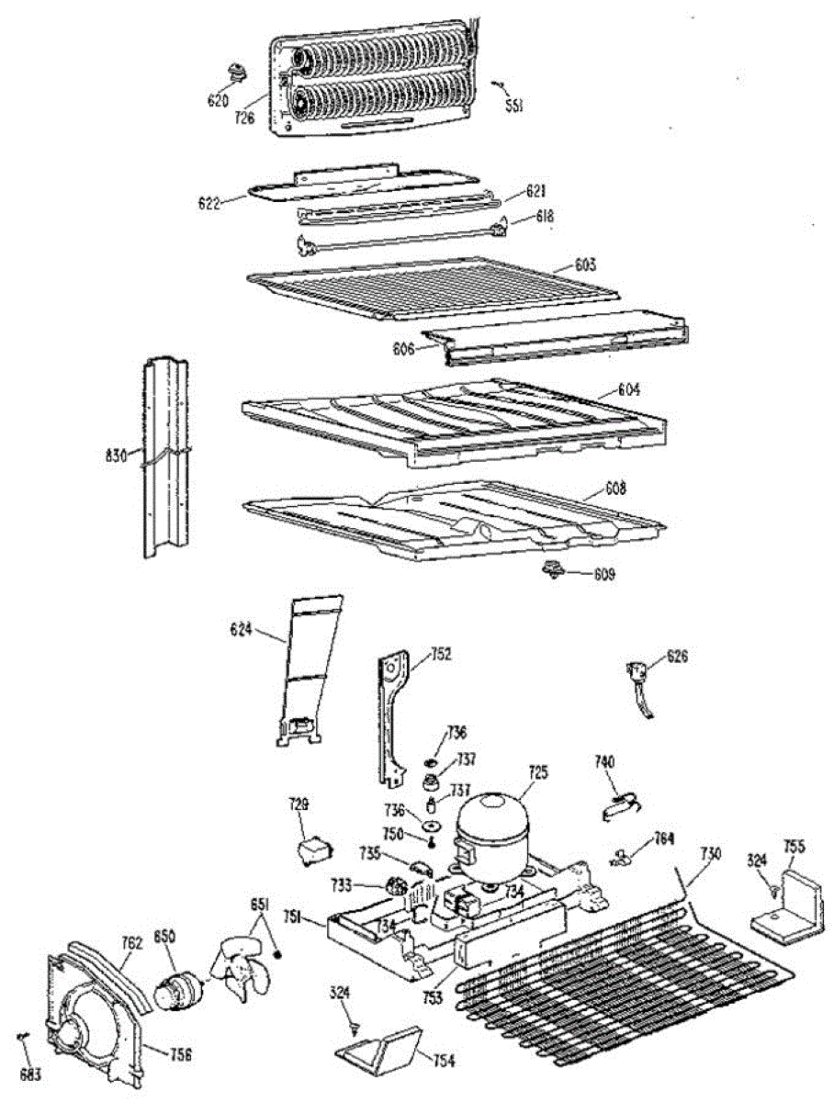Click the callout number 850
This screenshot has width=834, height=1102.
coord(165,936)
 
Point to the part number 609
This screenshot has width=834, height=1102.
coord(603,576)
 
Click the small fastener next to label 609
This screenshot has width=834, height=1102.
coord(555,571)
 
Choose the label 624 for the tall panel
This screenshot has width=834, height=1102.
coord(242,629)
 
